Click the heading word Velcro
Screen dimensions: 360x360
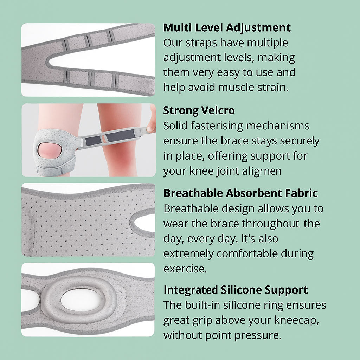(x=218, y=110)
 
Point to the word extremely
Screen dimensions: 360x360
(x=188, y=254)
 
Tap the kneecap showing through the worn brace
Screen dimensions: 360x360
(x=49, y=150)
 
